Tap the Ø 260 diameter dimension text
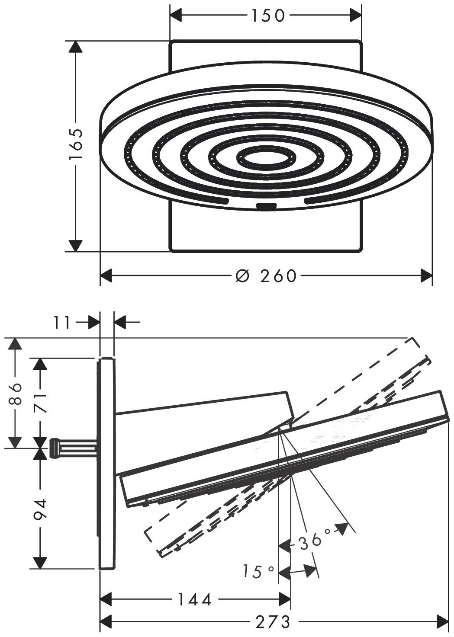tap(266, 275)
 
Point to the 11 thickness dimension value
tap(63, 322)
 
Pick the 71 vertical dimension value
tap(40, 402)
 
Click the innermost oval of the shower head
tap(266, 159)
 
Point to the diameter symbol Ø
tap(243, 275)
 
